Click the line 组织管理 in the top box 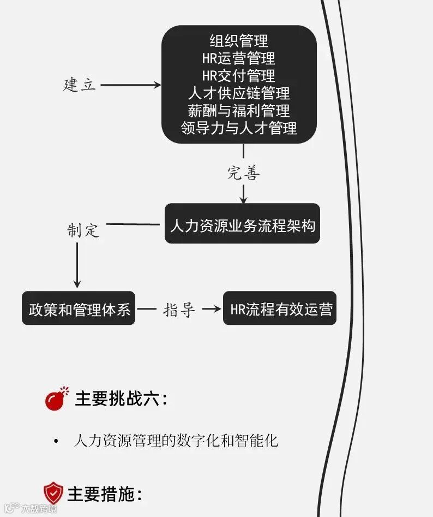[239, 40]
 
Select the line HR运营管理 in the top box [239, 58]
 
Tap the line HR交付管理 [239, 75]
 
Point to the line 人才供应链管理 [239, 93]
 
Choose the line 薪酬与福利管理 [239, 110]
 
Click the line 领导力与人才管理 [239, 128]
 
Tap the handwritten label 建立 [80, 85]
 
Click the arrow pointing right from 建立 [131, 85]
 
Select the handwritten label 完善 [243, 173]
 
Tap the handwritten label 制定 [83, 230]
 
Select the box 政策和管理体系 [79, 309]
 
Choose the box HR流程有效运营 [280, 309]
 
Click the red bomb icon [57, 399]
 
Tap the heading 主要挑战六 [121, 399]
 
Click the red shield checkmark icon [53, 493]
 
